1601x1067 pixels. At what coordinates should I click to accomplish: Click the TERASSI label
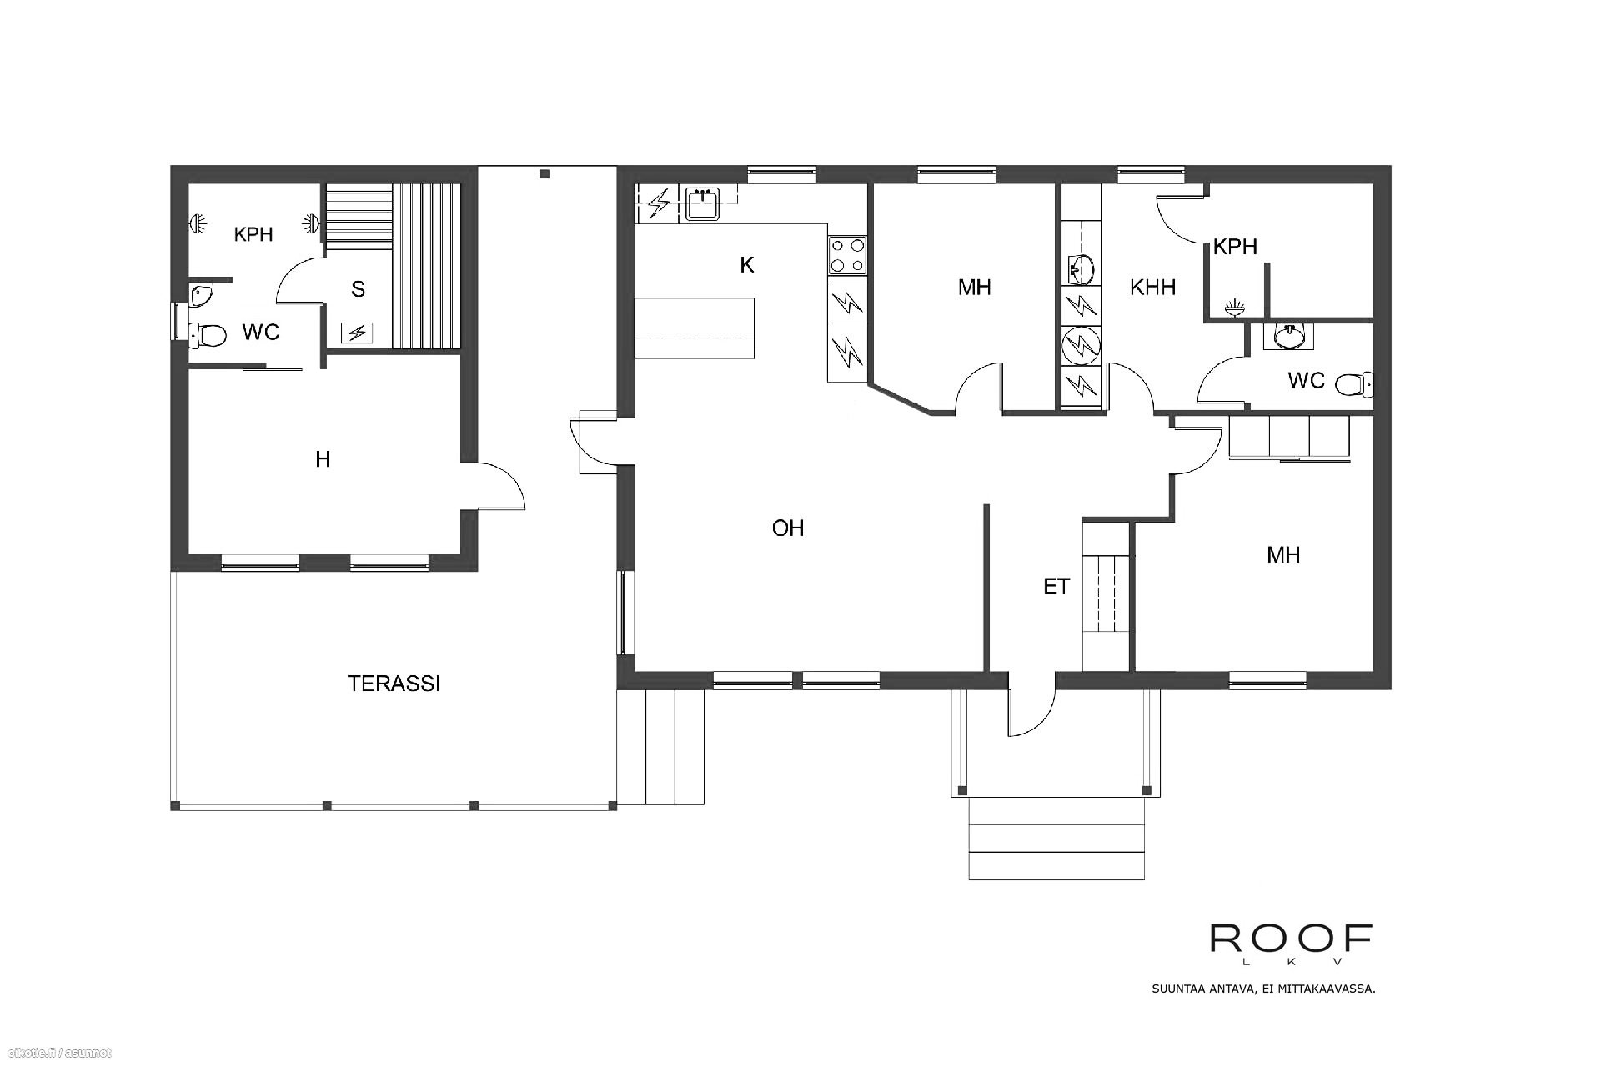click(x=394, y=684)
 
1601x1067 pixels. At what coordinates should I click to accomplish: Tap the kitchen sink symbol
click(x=702, y=204)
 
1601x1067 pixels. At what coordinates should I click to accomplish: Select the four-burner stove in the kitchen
click(x=846, y=256)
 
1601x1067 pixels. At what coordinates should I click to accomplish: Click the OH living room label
click(x=787, y=528)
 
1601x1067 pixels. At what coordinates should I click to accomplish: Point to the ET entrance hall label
click(x=1056, y=587)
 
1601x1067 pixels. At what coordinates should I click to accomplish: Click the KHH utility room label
click(x=1152, y=288)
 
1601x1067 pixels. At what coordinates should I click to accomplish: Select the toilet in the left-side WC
click(x=208, y=336)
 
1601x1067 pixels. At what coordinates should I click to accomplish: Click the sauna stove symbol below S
click(x=357, y=333)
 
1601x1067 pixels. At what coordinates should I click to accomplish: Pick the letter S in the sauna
click(x=358, y=289)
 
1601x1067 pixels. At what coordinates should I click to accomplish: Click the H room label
click(x=323, y=459)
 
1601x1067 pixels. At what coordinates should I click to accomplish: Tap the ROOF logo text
click(x=1291, y=939)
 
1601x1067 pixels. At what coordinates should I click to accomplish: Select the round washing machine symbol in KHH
click(x=1082, y=343)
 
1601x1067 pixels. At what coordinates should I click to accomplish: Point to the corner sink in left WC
click(x=201, y=294)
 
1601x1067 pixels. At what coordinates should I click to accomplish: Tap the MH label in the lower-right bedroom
click(x=1282, y=555)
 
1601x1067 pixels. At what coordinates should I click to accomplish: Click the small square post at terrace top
click(x=544, y=174)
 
